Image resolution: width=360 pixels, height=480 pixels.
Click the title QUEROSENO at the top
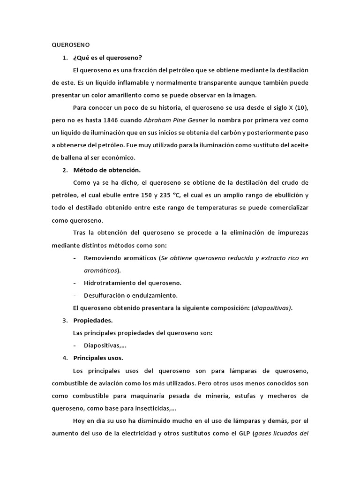click(x=70, y=45)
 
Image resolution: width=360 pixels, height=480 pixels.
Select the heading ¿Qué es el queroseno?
click(x=107, y=58)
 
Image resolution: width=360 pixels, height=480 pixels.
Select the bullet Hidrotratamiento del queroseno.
click(x=132, y=283)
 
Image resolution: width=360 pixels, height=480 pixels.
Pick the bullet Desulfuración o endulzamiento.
click(x=130, y=296)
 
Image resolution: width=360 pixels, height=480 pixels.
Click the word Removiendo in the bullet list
click(x=102, y=258)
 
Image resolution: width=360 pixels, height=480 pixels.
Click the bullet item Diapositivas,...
click(x=105, y=346)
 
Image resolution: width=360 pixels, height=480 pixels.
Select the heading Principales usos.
click(x=98, y=359)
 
